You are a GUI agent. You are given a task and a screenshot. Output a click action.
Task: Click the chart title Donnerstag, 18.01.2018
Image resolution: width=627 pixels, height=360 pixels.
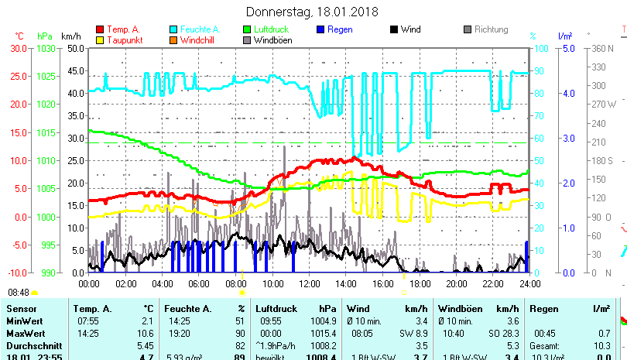[311, 12]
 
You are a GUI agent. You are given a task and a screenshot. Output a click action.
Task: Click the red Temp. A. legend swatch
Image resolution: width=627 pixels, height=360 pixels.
[100, 30]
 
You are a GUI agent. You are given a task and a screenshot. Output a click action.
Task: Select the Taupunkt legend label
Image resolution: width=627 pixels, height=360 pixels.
[122, 40]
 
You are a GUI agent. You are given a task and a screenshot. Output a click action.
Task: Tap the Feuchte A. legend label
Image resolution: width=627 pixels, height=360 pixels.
[200, 30]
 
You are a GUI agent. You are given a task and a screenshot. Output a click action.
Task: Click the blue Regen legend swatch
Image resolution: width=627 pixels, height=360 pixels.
[321, 30]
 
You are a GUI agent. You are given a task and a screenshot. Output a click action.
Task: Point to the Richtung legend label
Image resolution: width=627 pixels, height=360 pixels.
[491, 30]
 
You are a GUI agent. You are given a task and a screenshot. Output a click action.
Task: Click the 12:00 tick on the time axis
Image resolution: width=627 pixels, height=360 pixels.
[309, 284]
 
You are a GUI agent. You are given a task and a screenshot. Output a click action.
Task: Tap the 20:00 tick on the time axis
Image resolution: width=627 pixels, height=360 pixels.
[456, 284]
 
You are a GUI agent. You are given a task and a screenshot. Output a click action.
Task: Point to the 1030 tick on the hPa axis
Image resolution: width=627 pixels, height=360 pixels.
[46, 48]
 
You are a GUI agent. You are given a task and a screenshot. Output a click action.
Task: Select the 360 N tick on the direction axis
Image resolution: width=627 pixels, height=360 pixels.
[601, 48]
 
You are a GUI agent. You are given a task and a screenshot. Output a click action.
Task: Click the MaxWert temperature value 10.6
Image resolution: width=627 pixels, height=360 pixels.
[146, 332]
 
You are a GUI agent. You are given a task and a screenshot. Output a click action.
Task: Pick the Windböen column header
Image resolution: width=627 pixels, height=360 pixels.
[458, 309]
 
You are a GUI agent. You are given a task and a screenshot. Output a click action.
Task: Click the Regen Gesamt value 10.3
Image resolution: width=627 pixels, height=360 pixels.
[602, 344]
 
